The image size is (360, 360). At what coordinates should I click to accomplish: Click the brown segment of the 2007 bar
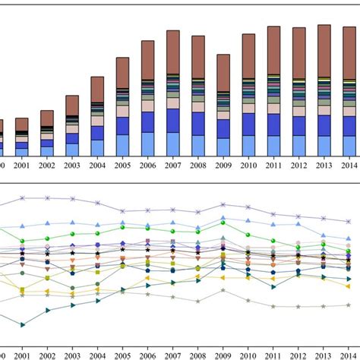[x=172, y=53]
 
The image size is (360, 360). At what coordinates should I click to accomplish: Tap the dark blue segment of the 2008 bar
[x=197, y=123]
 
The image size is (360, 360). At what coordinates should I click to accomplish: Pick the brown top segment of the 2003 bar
[x=72, y=105]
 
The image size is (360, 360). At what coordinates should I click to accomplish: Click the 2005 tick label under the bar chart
[x=122, y=165]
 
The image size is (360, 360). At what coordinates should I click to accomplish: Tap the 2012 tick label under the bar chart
[x=298, y=165]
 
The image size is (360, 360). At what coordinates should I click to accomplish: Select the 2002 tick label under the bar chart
[x=47, y=165]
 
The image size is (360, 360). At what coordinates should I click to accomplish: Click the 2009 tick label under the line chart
[x=223, y=355]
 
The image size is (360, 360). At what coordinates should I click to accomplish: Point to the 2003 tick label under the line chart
[x=72, y=355]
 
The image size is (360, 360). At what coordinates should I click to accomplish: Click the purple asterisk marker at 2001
[x=22, y=197]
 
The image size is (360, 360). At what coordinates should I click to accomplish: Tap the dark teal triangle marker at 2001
[x=22, y=324]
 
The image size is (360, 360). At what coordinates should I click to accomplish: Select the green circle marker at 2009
[x=223, y=223]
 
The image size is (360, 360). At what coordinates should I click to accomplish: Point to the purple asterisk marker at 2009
[x=223, y=204]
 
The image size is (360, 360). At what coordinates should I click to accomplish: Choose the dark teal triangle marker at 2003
[x=72, y=305]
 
